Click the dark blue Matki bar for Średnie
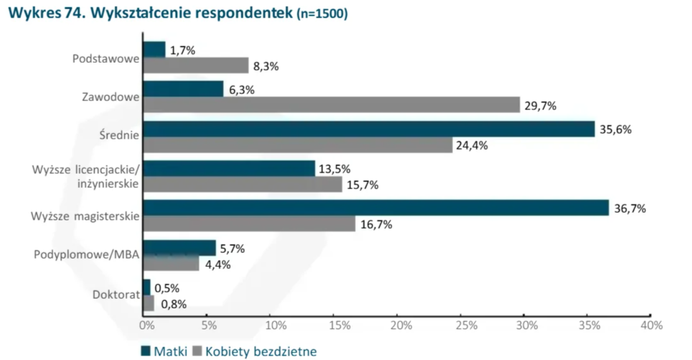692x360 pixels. pos(368,129)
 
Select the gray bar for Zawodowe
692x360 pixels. pos(331,105)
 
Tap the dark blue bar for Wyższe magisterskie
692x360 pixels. pos(376,208)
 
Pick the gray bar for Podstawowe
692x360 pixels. pos(196,65)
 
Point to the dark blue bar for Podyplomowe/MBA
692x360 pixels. pos(179,248)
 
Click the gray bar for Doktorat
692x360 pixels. pos(148,303)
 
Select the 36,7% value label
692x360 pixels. pos(630,208)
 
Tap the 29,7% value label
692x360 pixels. pos(540,106)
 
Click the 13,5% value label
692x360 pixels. pos(334,169)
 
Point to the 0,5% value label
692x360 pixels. pos(167,288)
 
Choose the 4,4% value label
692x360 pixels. pos(218,265)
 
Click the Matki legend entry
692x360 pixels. pos(164,351)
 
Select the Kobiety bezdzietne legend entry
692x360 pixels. pos(254,351)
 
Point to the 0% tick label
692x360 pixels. pos(147,326)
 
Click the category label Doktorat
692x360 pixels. pos(116,295)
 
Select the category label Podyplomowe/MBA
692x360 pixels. pos(86,255)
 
